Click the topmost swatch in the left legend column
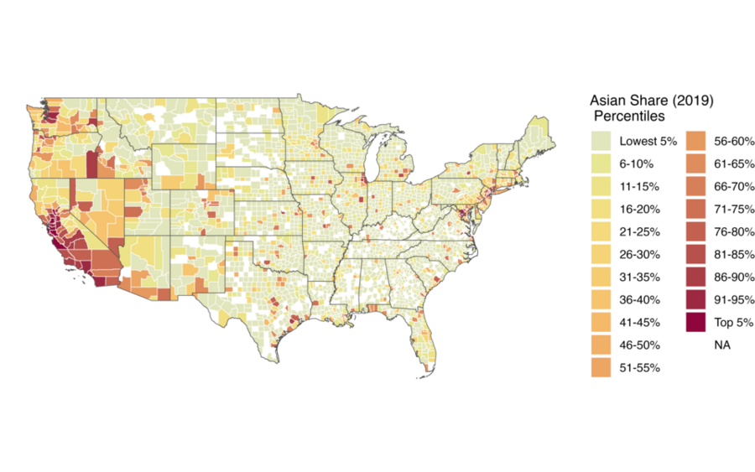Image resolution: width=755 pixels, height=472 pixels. point(601,141)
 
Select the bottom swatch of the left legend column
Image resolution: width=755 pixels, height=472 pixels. point(601,367)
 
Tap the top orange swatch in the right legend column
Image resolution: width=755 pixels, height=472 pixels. point(695,141)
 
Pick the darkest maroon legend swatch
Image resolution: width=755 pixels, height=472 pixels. point(695,322)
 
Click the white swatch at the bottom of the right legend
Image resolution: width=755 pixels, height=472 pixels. point(695,345)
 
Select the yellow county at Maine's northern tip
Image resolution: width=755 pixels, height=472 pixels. point(546,128)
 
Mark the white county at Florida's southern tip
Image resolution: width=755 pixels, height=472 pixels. point(430,366)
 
